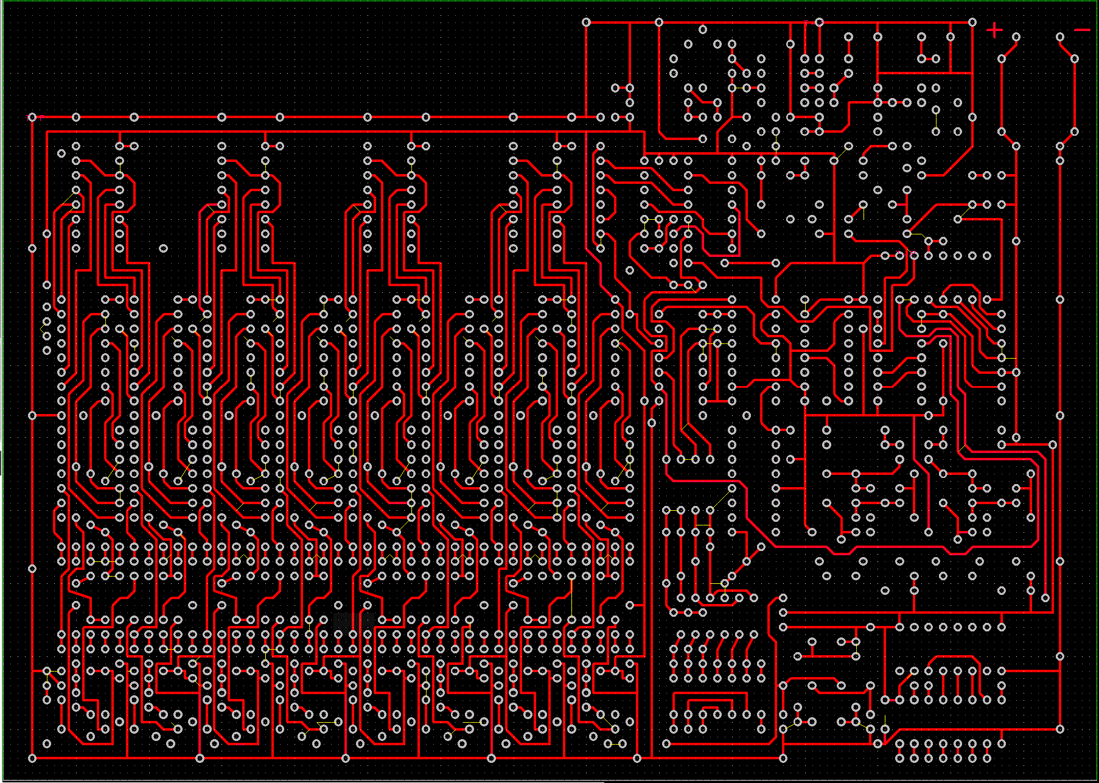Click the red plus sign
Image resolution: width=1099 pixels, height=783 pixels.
point(994,30)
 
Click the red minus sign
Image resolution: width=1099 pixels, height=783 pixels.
point(1081,30)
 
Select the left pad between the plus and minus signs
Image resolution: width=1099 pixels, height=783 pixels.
point(1016,37)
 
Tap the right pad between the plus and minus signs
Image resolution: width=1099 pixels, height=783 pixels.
point(1060,37)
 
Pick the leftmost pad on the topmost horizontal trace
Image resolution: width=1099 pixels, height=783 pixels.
point(586,23)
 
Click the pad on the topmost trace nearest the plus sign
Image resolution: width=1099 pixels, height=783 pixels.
point(972,23)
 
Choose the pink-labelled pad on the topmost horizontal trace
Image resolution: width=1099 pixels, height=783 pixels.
point(819,23)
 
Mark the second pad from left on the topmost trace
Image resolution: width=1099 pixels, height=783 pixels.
point(658,23)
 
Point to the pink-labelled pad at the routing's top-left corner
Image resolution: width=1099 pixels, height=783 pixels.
point(32,117)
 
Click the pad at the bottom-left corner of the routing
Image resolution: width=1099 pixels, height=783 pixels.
point(32,758)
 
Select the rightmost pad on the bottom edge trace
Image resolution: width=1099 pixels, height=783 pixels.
point(783,758)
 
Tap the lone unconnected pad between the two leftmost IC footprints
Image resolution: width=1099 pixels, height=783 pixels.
point(163,248)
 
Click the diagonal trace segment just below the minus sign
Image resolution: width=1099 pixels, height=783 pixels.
point(1067,48)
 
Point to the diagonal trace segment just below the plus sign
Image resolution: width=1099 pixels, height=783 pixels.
point(1008,48)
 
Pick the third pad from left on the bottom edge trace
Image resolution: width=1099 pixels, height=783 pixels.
point(346,758)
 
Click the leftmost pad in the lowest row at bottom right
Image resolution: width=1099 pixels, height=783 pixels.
point(899,759)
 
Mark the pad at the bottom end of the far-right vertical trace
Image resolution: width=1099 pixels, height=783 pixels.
point(1060,729)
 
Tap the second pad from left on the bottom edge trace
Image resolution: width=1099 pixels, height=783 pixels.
point(200,758)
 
